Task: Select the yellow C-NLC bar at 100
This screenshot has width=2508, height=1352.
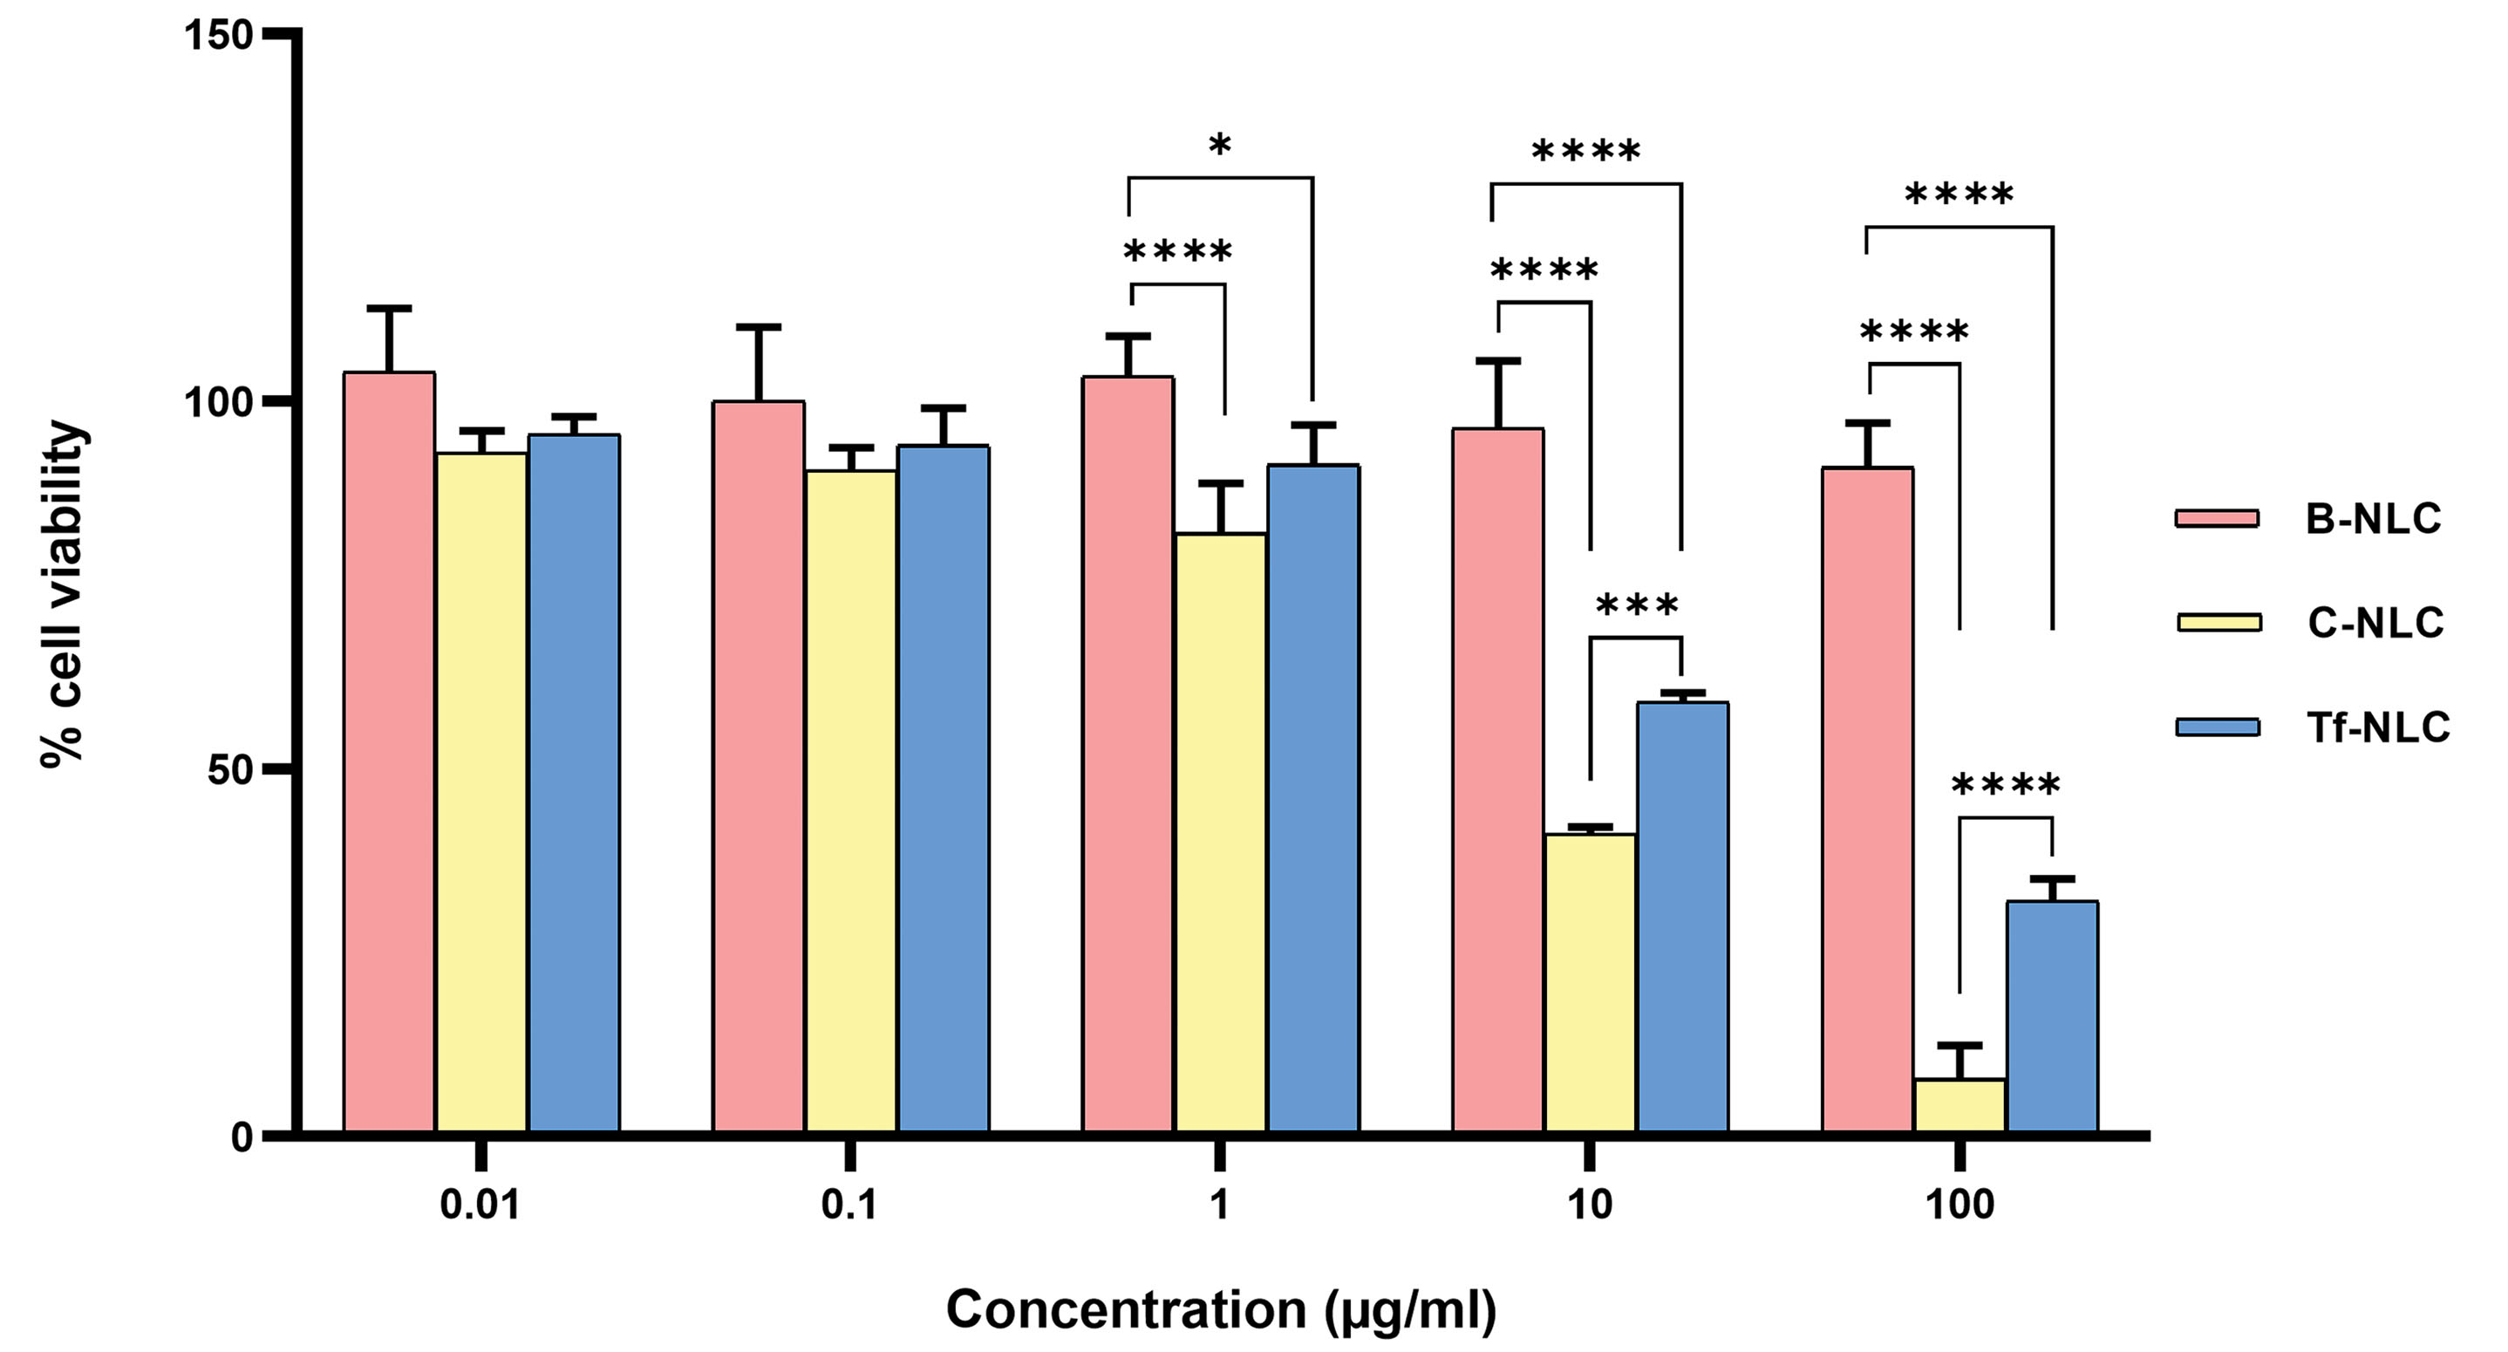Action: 1959,1105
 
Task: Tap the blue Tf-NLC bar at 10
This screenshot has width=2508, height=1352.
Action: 1682,917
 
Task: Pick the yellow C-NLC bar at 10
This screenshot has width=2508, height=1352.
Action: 1590,983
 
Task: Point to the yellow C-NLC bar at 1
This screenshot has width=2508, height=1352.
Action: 1221,833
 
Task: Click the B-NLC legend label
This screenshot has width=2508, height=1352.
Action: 2374,519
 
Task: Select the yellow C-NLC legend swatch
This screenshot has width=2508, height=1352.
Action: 2218,623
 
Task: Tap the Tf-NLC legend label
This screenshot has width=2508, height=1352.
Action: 2377,727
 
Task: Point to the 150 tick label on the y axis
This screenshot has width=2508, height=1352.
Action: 217,35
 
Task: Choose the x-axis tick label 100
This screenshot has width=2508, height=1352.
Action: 1959,1205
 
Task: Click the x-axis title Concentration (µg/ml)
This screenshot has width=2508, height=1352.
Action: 1221,1309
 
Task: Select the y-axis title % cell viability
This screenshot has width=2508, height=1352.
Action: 65,594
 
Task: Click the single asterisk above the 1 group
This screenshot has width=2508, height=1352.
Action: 1220,147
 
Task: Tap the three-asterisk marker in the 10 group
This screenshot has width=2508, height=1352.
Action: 1638,607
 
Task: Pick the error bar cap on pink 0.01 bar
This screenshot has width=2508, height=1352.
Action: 390,308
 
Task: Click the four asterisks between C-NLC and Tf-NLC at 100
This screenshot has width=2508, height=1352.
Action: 2007,785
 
